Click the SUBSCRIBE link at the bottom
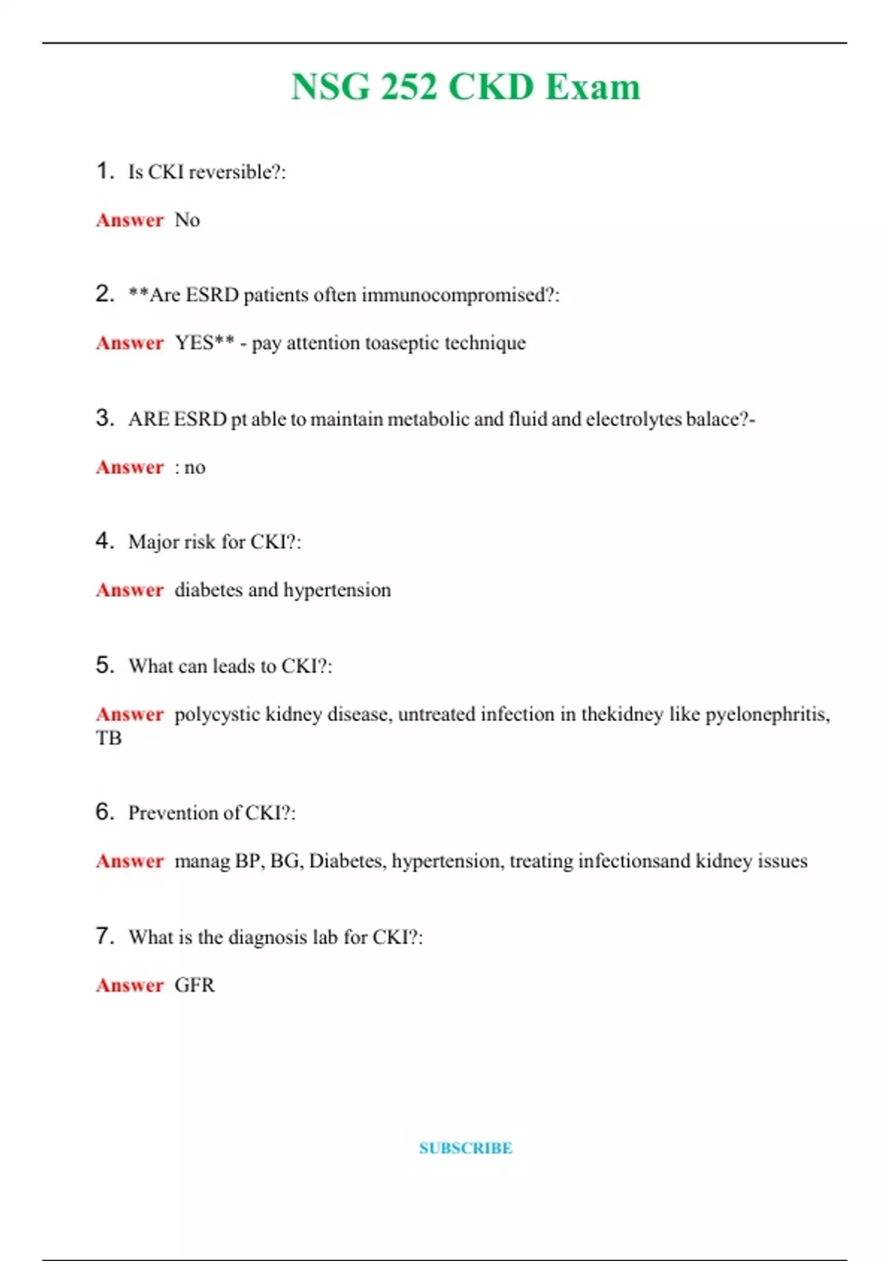pyautogui.click(x=465, y=1148)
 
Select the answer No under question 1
pyautogui.click(x=187, y=220)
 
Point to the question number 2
pyautogui.click(x=104, y=294)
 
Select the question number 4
pyautogui.click(x=104, y=541)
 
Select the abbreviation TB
pyautogui.click(x=108, y=738)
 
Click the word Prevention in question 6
pyautogui.click(x=173, y=813)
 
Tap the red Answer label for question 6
pyautogui.click(x=130, y=861)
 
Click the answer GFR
pyautogui.click(x=194, y=985)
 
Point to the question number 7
pyautogui.click(x=104, y=936)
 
